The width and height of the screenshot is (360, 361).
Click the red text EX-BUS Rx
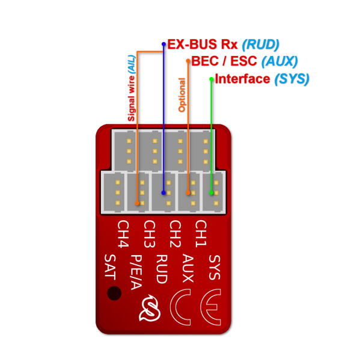(203, 45)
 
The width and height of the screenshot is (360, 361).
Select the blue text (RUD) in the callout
(260, 45)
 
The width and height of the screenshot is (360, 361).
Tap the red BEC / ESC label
(224, 61)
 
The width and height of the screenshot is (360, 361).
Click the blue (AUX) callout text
(279, 61)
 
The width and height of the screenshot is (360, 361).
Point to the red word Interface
(242, 79)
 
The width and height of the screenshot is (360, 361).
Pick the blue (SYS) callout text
(291, 79)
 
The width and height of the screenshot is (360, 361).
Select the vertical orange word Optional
(181, 94)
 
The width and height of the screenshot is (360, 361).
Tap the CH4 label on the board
(123, 234)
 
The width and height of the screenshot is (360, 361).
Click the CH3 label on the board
(149, 234)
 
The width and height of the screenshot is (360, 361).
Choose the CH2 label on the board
(175, 234)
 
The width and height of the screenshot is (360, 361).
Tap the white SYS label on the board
(214, 267)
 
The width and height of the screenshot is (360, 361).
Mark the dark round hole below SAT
(114, 293)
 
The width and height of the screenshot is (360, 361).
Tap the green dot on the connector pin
(211, 193)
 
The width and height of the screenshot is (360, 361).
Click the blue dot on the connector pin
(163, 193)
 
